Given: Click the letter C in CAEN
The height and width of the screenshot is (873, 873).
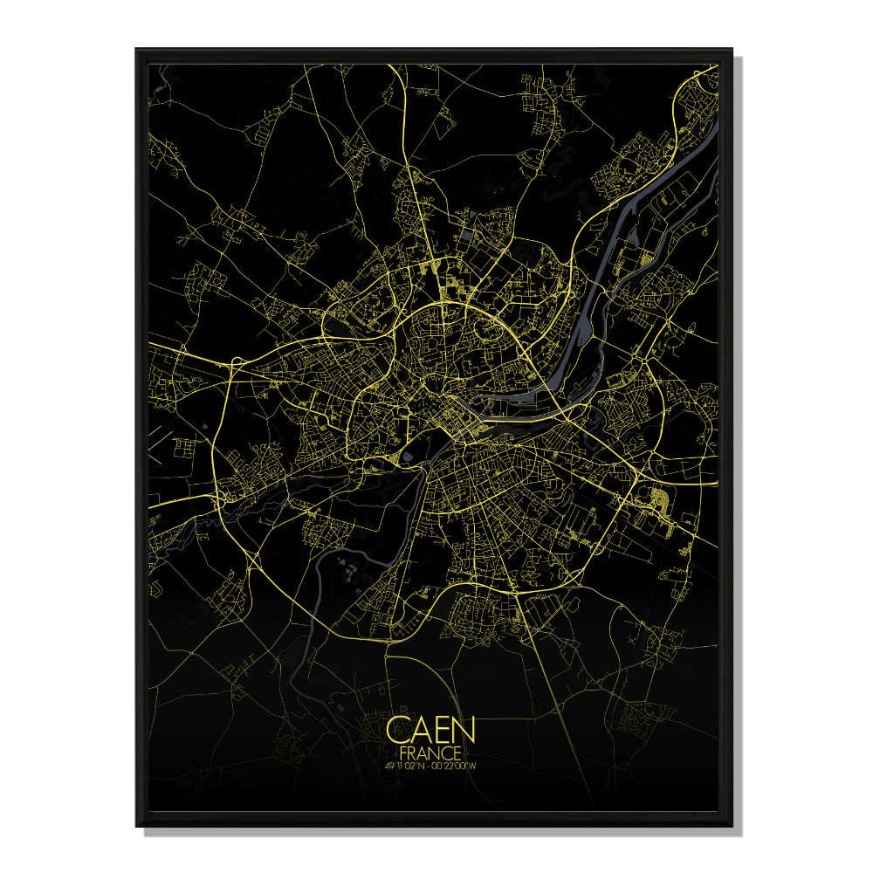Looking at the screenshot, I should (398, 730).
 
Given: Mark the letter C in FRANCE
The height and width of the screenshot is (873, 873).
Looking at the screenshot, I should (448, 752).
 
